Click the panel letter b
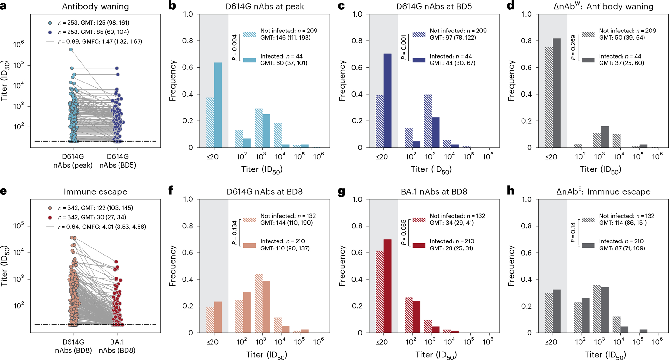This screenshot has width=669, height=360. click(172, 6)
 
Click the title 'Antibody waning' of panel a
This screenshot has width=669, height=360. click(95, 7)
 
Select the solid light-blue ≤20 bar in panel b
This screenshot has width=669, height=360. click(218, 105)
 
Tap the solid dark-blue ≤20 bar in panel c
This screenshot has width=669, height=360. click(387, 101)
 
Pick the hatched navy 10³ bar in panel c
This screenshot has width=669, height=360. click(428, 121)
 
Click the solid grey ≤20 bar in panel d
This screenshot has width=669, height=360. click(557, 93)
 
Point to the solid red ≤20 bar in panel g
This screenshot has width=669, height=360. click(387, 286)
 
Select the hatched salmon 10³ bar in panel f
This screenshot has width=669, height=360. click(258, 303)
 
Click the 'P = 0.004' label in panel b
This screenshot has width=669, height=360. click(234, 47)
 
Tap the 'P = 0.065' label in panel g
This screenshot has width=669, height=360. click(404, 233)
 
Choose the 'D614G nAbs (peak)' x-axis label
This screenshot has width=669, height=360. click(73, 161)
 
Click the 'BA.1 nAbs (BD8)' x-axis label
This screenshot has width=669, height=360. click(117, 346)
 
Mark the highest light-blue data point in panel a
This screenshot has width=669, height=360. click(71, 50)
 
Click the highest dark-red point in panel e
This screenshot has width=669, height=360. click(116, 262)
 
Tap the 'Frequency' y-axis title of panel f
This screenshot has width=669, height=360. click(173, 266)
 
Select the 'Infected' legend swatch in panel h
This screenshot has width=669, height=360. click(588, 245)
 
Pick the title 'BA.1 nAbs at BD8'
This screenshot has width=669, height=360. click(434, 192)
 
